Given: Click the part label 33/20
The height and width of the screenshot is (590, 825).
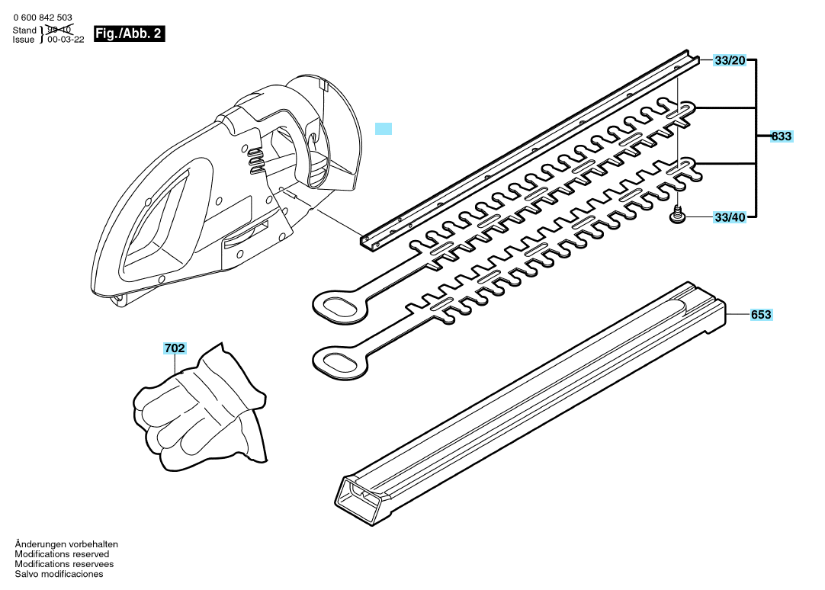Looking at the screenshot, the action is pos(730,60).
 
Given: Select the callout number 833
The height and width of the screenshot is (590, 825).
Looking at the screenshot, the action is pos(782,136).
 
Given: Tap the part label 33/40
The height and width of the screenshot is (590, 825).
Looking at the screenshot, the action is pos(730,217).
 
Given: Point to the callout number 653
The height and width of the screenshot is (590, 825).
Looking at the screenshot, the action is pos(762,315).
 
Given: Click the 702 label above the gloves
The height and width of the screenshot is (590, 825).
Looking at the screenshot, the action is pos(175,348).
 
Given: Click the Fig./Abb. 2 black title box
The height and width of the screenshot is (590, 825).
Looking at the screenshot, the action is pos(129,34).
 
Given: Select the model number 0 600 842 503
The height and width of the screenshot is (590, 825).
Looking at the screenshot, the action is pos(43,18).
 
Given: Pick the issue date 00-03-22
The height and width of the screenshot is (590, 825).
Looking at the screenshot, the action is pos(66,40).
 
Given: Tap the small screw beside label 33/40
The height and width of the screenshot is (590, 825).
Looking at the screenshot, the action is pos(678,214).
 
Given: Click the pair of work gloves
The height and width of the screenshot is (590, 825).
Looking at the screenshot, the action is pos(200,408).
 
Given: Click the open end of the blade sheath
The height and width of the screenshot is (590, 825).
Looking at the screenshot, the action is pos(358,499).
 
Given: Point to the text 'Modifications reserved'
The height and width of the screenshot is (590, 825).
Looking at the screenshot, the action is pos(62,554).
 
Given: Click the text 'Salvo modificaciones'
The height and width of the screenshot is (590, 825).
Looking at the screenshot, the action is pos(59,574).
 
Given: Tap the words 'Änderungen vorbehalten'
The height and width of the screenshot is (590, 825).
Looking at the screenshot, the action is pos(66,544).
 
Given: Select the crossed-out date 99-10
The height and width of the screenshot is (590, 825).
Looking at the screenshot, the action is pos(59,30).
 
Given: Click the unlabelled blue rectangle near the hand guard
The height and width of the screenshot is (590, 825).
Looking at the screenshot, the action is pos(384,129).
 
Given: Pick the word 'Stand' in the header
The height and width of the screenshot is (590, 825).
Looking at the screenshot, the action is pos(24,30).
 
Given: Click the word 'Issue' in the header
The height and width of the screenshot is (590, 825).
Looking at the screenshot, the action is pos(24,40).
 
